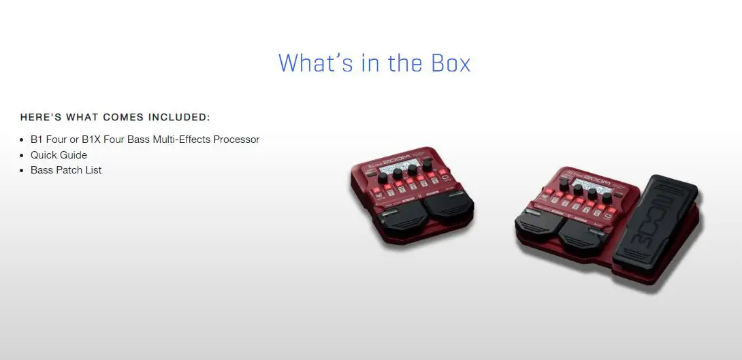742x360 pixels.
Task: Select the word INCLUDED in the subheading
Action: (x=176, y=117)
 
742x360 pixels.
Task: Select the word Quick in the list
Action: (x=44, y=155)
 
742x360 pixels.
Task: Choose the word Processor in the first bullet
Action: (x=236, y=140)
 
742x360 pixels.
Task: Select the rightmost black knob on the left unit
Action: (x=427, y=165)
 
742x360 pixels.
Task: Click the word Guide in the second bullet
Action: (x=74, y=155)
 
